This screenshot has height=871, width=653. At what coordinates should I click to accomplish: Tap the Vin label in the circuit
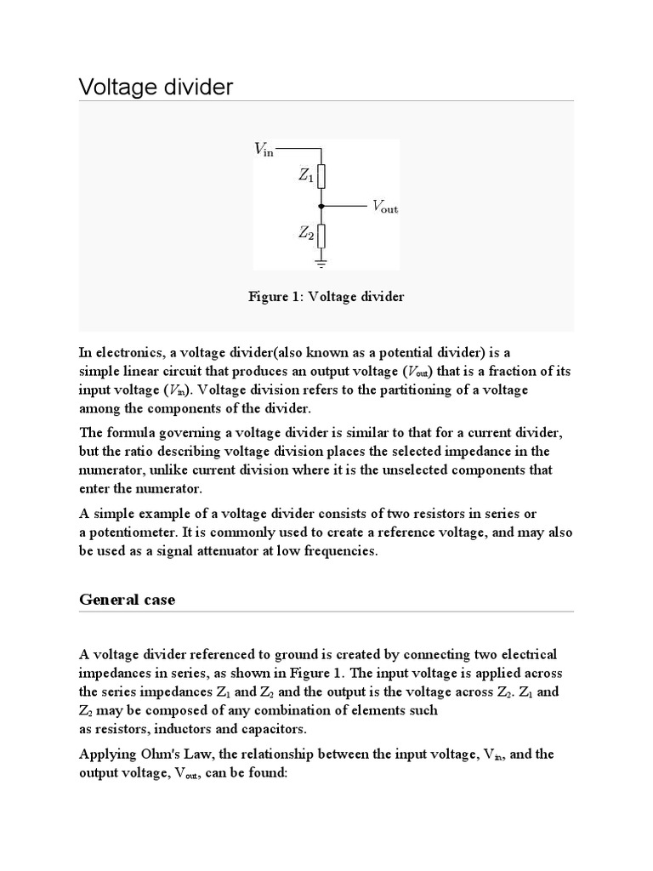pyautogui.click(x=264, y=150)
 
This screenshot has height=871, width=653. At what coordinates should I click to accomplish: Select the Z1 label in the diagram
pyautogui.click(x=305, y=177)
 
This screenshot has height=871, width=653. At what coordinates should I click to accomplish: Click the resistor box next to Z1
pyautogui.click(x=321, y=178)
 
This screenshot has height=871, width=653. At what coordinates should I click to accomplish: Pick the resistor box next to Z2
pyautogui.click(x=321, y=234)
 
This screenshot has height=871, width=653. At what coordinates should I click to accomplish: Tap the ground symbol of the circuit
pyautogui.click(x=321, y=262)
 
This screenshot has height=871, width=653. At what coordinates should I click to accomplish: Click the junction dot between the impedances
pyautogui.click(x=321, y=206)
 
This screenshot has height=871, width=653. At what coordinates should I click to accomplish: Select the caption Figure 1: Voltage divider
pyautogui.click(x=326, y=297)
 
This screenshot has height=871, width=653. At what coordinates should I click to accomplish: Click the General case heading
pyautogui.click(x=127, y=600)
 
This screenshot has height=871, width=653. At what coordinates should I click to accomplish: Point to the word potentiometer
pyautogui.click(x=133, y=532)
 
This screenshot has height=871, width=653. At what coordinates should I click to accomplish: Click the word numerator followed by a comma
pyautogui.click(x=115, y=470)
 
